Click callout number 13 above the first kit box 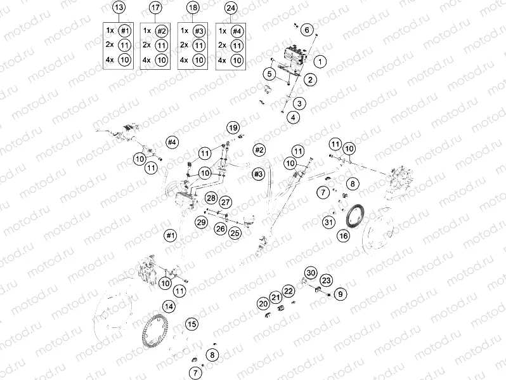118,8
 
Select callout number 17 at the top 155,8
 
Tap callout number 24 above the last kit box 230,8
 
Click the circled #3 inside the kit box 200,31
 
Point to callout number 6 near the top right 306,30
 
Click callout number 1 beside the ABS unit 320,62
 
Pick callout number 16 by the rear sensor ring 343,235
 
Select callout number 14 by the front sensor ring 168,306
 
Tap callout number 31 328,222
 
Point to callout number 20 263,304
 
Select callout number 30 309,272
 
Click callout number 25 235,233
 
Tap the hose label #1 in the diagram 169,235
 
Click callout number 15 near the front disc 190,324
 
